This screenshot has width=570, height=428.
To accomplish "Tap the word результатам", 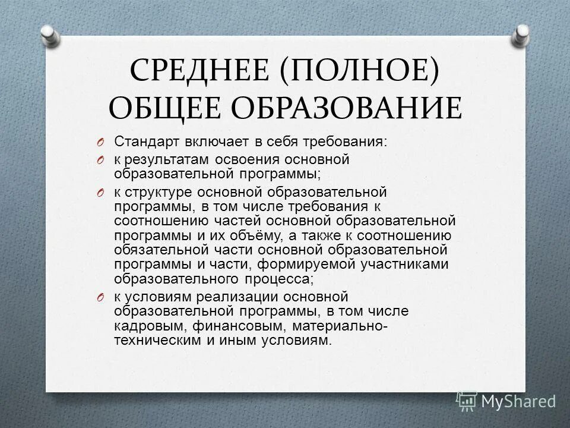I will click(161, 160).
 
